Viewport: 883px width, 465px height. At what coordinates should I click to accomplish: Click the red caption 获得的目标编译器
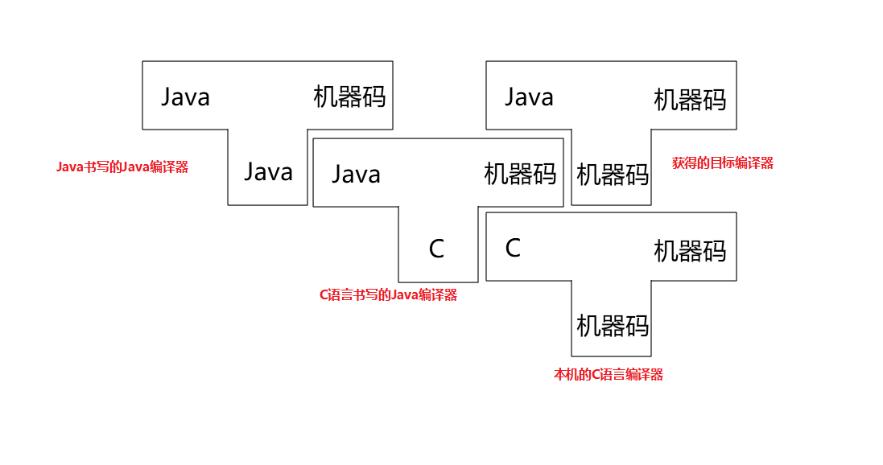pos(722,163)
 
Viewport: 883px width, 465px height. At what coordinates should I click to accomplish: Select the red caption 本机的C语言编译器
pos(608,375)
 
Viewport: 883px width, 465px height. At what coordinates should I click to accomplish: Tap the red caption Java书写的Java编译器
pos(122,167)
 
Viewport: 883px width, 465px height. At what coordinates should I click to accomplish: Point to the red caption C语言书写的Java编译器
pos(388,295)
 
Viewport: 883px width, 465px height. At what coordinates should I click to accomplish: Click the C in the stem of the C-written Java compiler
pos(436,249)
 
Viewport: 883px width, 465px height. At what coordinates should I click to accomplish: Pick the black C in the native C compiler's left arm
pos(513,248)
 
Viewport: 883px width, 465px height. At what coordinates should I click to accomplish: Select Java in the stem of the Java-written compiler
pos(268,171)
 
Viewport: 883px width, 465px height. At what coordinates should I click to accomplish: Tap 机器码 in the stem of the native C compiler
pos(613,326)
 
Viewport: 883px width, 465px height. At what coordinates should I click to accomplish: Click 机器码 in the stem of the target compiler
pos(613,175)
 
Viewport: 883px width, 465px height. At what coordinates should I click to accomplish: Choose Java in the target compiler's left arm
pos(529,97)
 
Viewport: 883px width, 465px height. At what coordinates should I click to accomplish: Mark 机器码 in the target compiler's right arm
pos(690,100)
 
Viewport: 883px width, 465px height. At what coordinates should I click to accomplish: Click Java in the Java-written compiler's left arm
pos(185,97)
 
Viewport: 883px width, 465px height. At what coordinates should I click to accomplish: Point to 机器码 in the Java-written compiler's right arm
pos(349,97)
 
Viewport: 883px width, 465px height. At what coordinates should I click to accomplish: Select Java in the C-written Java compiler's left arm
pos(356,175)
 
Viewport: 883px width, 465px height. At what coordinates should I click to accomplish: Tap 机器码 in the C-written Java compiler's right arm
pos(520,174)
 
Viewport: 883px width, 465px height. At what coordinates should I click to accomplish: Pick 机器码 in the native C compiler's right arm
pos(690,251)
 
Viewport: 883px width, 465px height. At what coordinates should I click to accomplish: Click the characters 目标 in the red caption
pos(716,163)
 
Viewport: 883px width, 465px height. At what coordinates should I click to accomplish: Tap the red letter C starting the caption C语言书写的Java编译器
pos(324,295)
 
